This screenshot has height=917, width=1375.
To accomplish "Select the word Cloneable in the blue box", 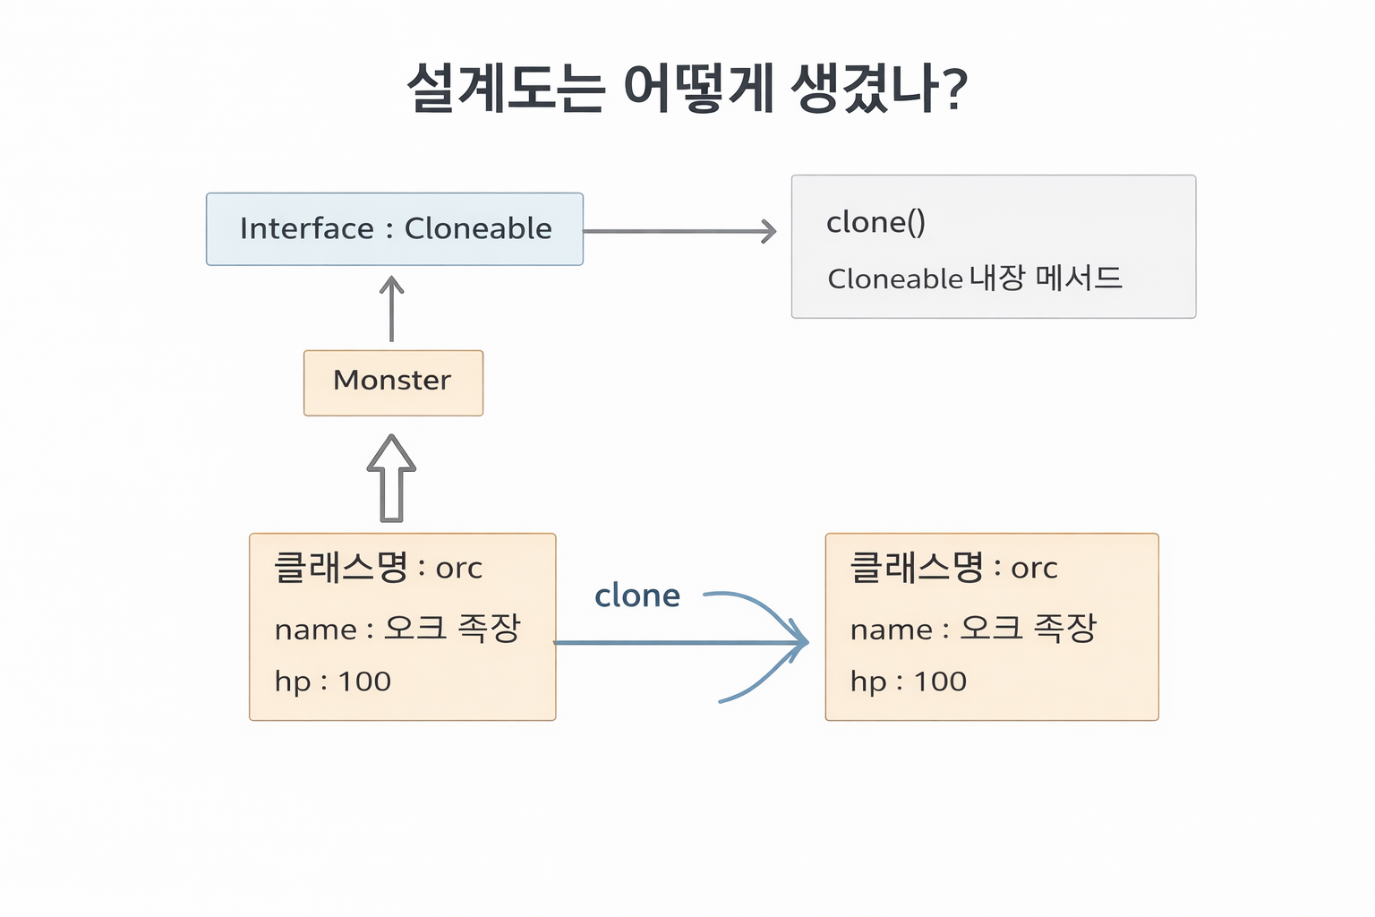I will [x=478, y=228].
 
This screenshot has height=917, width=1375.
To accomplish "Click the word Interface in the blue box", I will [x=306, y=228].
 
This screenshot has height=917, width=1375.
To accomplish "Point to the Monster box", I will [x=393, y=382].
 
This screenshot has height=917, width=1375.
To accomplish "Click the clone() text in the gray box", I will [x=875, y=222].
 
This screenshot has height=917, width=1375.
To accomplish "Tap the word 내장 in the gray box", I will [x=997, y=279].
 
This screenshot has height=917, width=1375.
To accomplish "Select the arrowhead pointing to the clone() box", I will [x=769, y=231].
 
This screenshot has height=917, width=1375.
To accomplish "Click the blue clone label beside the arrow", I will [x=637, y=596].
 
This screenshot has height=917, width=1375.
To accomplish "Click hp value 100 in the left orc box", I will [x=364, y=681].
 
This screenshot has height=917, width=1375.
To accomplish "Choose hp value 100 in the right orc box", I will [x=940, y=681].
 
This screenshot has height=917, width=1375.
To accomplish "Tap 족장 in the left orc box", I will [x=489, y=628].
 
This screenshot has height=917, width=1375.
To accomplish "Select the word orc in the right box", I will [x=1034, y=568].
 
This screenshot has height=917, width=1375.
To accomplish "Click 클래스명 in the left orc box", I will [x=340, y=567].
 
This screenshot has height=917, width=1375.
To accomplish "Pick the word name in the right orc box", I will [x=891, y=630].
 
